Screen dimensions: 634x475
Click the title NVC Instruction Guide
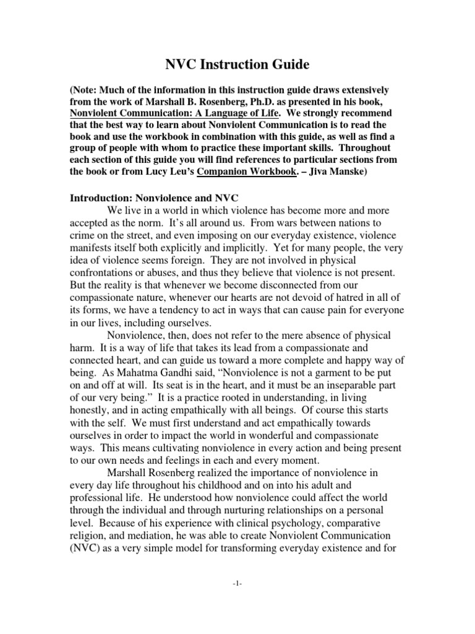(237, 63)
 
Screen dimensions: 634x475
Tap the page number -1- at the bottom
(237, 583)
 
